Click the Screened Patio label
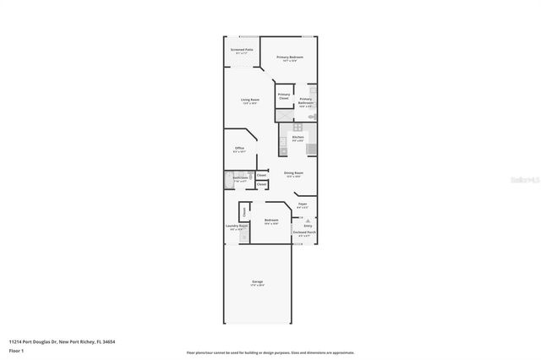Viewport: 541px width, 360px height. (241, 51)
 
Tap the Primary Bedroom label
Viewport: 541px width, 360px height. (290, 57)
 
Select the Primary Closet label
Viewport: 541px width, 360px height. (284, 96)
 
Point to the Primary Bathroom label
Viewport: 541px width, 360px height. (306, 101)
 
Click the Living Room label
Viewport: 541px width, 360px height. (249, 101)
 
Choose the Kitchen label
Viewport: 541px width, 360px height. (298, 138)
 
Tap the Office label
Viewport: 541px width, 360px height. (239, 150)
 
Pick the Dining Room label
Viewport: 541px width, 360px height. (293, 174)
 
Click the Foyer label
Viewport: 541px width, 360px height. (303, 205)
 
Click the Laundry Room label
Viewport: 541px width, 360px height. (237, 227)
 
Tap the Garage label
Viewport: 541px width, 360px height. (257, 282)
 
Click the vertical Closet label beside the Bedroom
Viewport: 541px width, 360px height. (244, 211)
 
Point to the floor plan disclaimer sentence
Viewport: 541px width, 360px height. (270, 352)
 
